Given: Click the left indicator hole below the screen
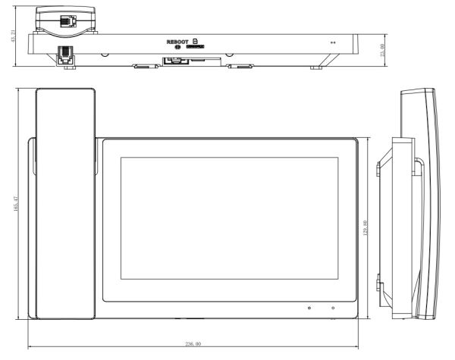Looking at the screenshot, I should pyautogui.click(x=309, y=307).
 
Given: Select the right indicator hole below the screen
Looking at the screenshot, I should pyautogui.click(x=333, y=307).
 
